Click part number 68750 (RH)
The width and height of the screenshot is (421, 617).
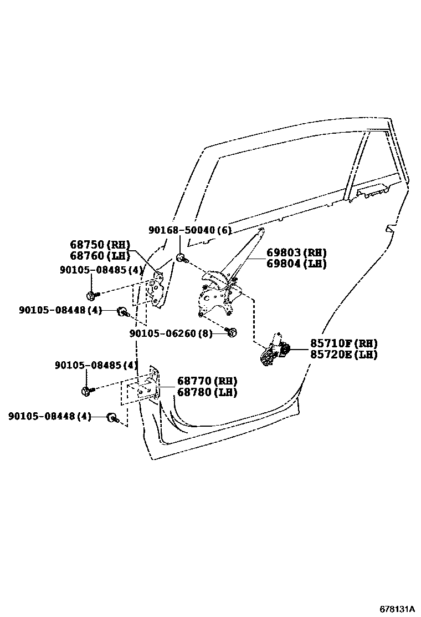[x=99, y=245]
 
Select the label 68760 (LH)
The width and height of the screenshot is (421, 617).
[x=99, y=256]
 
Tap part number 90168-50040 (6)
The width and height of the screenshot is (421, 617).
[x=189, y=230]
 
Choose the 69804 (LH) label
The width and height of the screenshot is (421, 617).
[x=297, y=264]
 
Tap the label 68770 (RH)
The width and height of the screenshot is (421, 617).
[x=207, y=381]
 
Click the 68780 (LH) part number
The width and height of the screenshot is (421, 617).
[x=207, y=392]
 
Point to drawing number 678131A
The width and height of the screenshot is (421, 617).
[x=397, y=608]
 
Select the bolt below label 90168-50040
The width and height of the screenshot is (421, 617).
[x=181, y=257]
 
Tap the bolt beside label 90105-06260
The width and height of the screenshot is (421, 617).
[x=233, y=332]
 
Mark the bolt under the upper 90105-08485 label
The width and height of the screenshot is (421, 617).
[x=91, y=294]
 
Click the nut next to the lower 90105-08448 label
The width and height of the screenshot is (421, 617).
[x=111, y=417]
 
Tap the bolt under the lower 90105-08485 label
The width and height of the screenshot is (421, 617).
[x=87, y=391]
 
